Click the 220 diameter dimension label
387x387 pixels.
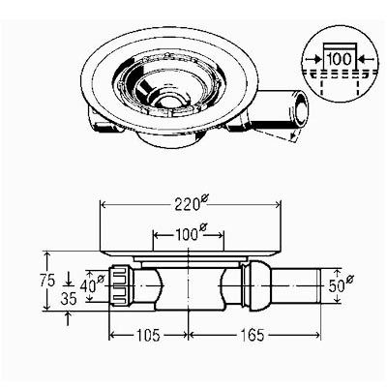191,204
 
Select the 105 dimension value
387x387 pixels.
147,335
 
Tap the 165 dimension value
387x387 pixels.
253,335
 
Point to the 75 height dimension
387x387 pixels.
47,282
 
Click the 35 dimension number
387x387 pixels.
69,300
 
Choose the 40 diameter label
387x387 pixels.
92,283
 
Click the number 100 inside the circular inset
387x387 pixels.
340,59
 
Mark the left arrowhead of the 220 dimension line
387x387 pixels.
104,205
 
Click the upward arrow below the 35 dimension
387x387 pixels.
68,317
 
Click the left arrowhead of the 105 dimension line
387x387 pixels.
112,336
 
